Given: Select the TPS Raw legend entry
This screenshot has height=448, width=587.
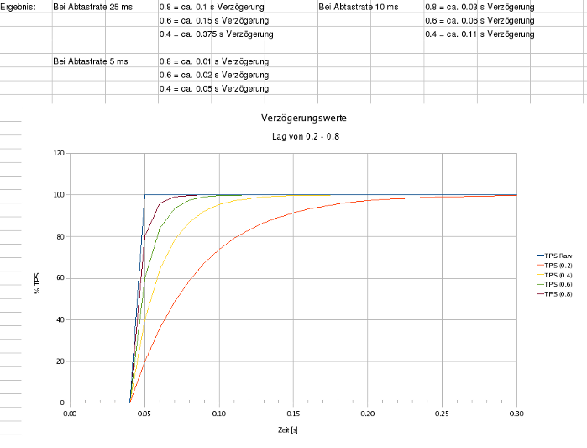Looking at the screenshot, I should pyautogui.click(x=558, y=255).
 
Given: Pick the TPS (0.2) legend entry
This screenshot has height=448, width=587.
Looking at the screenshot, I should pyautogui.click(x=558, y=265).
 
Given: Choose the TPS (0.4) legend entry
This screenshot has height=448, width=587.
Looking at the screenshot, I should pyautogui.click(x=558, y=275).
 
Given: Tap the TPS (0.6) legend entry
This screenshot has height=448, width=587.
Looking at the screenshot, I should pyautogui.click(x=558, y=284).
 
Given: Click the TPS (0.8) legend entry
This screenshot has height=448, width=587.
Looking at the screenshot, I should pyautogui.click(x=558, y=294).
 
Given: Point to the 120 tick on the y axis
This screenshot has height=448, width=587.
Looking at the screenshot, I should pyautogui.click(x=59, y=154).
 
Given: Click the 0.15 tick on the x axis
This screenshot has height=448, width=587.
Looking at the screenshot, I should pyautogui.click(x=293, y=414).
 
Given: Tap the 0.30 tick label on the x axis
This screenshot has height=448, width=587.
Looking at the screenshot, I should pyautogui.click(x=516, y=414).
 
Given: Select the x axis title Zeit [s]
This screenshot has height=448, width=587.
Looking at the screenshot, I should pyautogui.click(x=292, y=430).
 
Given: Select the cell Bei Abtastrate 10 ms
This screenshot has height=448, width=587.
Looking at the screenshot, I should pyautogui.click(x=359, y=7).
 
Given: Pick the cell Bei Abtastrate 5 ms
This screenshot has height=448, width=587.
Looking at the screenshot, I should pyautogui.click(x=91, y=61).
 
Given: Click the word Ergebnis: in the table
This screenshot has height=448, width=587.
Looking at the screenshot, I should pyautogui.click(x=18, y=7).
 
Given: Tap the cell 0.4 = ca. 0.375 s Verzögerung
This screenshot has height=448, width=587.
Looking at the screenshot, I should pyautogui.click(x=216, y=34).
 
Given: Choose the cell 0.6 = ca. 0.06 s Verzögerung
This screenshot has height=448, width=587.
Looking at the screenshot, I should pyautogui.click(x=480, y=20).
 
